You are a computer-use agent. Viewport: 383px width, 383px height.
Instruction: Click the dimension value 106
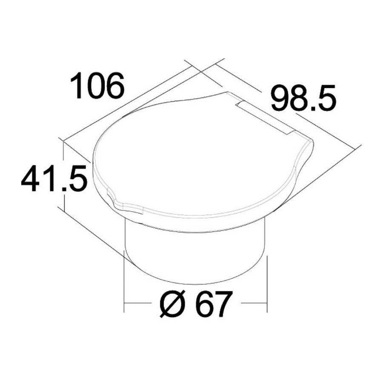(97, 85)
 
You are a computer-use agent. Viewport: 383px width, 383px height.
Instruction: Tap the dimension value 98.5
(303, 98)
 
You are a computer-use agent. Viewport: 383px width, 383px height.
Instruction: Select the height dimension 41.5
(54, 179)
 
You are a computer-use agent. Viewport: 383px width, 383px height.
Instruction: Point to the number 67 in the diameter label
(214, 304)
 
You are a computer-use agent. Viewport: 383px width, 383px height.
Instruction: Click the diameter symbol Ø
(172, 303)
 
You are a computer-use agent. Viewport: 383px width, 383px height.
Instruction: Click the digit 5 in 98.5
(326, 98)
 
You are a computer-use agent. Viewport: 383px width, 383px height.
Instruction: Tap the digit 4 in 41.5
(31, 179)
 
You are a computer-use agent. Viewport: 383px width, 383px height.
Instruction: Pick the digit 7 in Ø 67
(222, 304)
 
